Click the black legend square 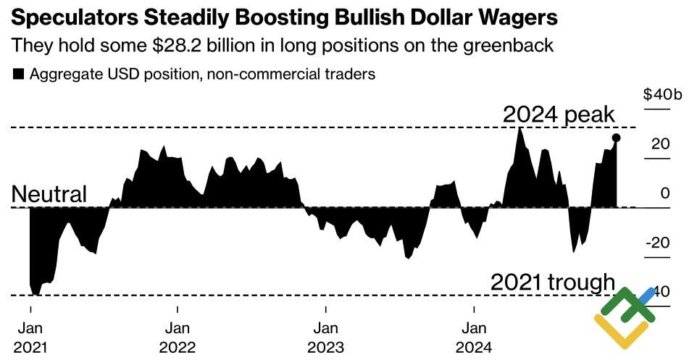coord(18,74)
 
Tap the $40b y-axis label coord(661,95)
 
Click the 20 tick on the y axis coord(659,144)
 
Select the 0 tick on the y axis coord(664,193)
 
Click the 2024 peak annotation coord(559,114)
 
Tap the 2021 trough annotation coord(552,282)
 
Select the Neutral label coord(49,194)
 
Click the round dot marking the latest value coord(616,138)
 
